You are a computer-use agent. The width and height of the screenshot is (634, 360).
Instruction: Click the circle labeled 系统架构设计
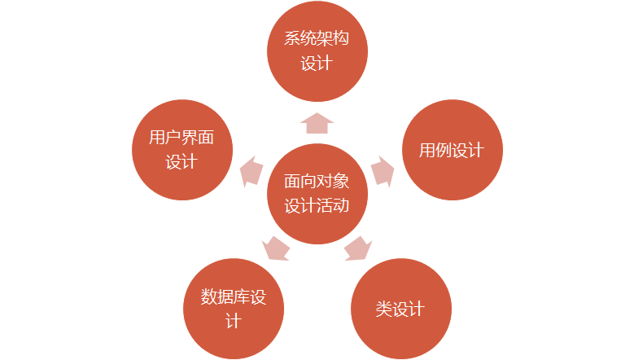click(x=317, y=50)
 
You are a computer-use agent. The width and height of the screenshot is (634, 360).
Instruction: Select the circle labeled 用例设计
click(x=453, y=151)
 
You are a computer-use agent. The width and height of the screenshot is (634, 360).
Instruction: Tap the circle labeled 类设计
click(x=400, y=310)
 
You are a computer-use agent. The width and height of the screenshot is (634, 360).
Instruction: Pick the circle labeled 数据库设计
click(x=234, y=309)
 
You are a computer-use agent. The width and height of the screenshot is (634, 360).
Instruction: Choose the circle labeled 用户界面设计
click(x=181, y=150)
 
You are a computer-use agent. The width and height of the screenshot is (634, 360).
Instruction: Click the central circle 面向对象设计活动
click(x=317, y=194)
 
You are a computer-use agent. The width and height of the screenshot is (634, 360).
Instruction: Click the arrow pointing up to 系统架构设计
click(x=317, y=122)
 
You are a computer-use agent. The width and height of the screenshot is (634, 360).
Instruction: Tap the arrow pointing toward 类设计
click(x=359, y=248)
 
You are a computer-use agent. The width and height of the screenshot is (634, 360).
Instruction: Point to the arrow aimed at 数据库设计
click(x=276, y=248)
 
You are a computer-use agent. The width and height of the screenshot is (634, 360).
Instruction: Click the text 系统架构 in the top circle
click(x=317, y=39)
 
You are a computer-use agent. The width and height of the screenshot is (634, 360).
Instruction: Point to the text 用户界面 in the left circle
click(x=181, y=138)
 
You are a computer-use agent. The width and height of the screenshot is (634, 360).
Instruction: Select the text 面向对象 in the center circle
click(x=317, y=182)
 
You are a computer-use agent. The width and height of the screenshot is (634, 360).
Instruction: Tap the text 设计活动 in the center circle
click(x=317, y=205)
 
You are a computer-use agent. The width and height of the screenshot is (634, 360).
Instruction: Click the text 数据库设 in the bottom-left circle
click(x=234, y=296)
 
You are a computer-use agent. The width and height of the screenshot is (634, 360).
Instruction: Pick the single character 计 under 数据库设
click(x=234, y=321)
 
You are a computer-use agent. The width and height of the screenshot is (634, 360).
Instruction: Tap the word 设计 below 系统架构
click(x=317, y=64)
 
